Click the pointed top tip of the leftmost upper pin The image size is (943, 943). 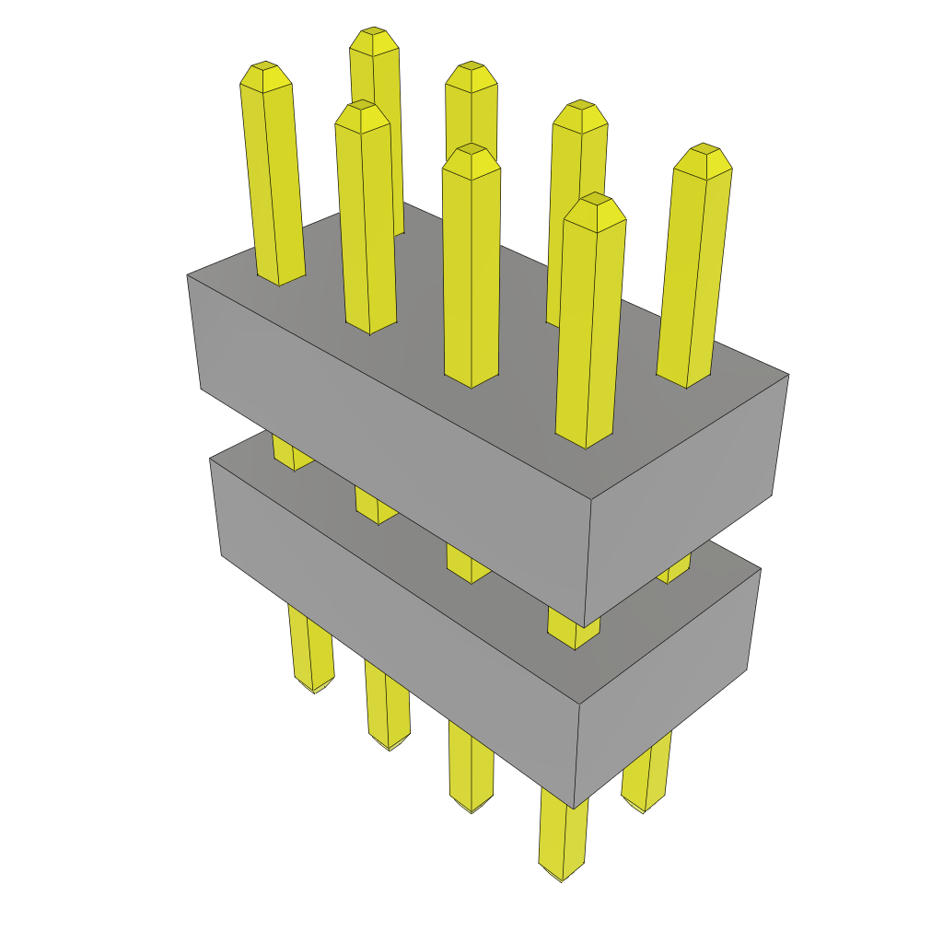(x=265, y=67)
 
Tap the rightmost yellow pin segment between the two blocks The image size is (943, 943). (x=675, y=569)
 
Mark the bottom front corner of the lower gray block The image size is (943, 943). (x=573, y=807)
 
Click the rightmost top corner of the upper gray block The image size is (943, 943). (x=788, y=375)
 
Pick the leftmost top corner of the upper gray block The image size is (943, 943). (x=188, y=274)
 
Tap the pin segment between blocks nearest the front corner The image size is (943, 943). (x=573, y=632)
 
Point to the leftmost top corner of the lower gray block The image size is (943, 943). (x=211, y=459)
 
